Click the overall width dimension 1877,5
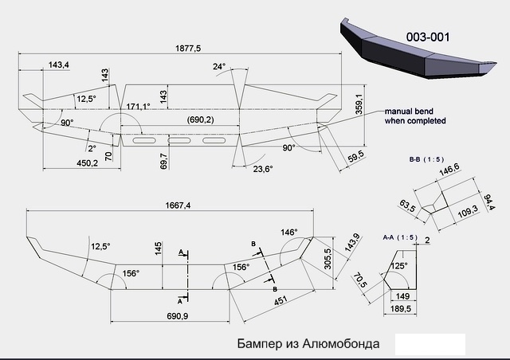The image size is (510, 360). (x=188, y=48)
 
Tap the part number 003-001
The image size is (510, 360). (x=428, y=37)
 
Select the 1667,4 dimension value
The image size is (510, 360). (x=178, y=205)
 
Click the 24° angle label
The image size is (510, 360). (x=219, y=66)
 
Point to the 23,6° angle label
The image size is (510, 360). (x=263, y=169)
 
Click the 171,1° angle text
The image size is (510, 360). (x=138, y=107)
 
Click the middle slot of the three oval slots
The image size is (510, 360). (x=178, y=140)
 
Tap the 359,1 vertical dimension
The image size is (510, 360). (x=359, y=104)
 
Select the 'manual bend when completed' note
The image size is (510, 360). (x=415, y=116)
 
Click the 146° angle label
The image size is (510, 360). (x=289, y=233)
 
